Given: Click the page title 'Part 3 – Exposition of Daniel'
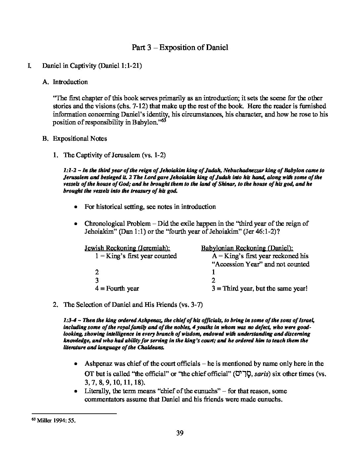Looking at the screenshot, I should click(x=180, y=47).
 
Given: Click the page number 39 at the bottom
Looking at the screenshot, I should click(x=180, y=433).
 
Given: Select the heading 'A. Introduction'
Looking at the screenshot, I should click(x=65, y=82).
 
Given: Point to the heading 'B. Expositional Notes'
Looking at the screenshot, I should click(x=74, y=138).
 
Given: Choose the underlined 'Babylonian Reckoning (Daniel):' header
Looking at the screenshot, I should click(x=247, y=248).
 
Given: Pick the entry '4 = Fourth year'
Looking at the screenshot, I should click(x=117, y=288).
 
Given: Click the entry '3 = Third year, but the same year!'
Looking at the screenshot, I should click(x=260, y=288).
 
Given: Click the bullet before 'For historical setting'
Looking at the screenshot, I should click(x=76, y=207).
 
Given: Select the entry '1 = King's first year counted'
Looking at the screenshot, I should click(x=136, y=256).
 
